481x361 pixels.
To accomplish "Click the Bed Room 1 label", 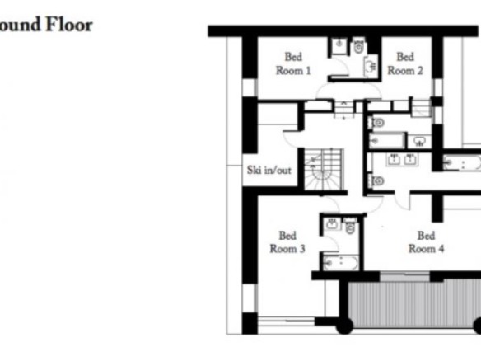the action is tap(293, 63).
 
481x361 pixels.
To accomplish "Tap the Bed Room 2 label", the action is tap(405, 63).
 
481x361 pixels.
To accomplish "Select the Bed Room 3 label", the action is tap(287, 242).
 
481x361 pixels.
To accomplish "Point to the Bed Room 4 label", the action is tap(426, 242).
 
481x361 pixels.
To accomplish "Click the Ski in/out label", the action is tap(269, 170).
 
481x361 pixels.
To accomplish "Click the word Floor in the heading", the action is tap(69, 25).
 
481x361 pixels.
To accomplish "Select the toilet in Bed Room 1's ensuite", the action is tap(359, 45).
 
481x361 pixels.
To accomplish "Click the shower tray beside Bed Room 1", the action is tap(339, 45).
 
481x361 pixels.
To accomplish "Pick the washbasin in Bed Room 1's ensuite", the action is tap(371, 66).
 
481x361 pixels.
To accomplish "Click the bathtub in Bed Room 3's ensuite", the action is tap(341, 262).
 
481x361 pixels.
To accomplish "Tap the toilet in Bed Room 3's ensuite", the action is tap(350, 226).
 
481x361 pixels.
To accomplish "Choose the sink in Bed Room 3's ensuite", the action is tap(332, 223).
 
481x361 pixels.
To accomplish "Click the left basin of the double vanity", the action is tap(394, 159).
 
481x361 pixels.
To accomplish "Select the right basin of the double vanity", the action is tap(410, 159).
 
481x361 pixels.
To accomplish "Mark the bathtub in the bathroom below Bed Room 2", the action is tap(386, 141).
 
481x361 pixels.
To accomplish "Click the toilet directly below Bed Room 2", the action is tap(377, 123).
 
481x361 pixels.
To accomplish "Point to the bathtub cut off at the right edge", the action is tap(462, 162).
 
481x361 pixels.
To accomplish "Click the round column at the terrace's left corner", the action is tap(344, 326).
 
